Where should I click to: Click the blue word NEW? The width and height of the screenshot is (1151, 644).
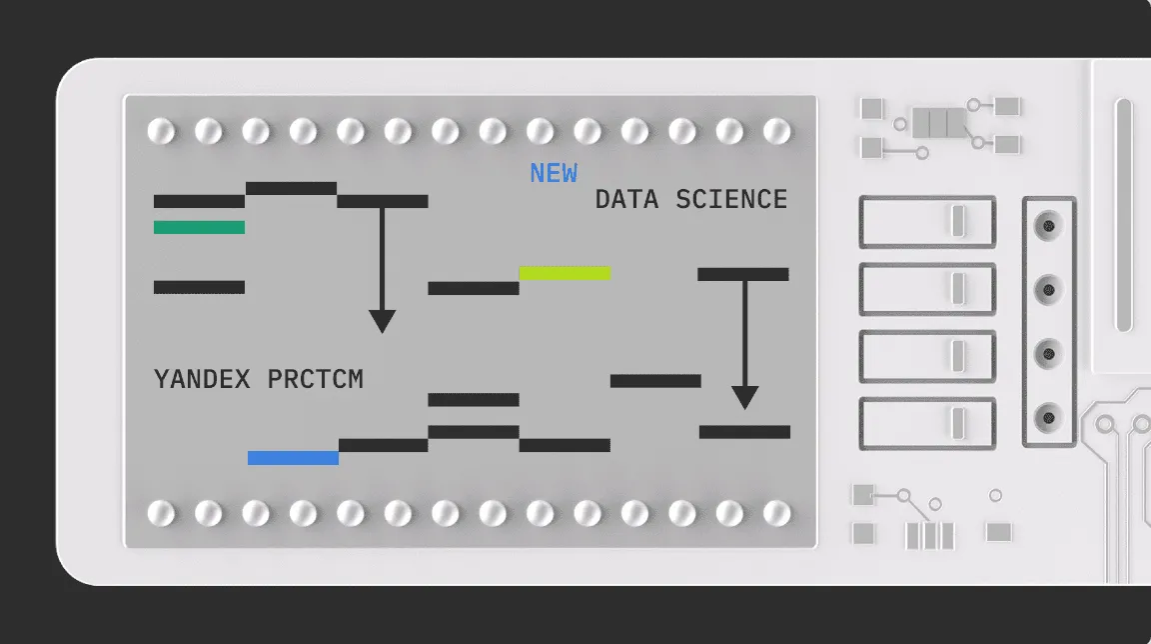click(x=554, y=173)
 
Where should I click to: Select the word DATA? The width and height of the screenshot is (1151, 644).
click(x=626, y=199)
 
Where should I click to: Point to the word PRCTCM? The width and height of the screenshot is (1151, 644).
click(x=315, y=379)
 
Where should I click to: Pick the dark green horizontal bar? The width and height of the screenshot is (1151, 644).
click(x=199, y=227)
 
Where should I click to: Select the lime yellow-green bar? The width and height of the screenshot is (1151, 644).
click(x=565, y=273)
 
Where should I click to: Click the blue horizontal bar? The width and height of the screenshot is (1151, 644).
click(x=293, y=458)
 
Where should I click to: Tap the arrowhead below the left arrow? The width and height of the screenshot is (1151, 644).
click(x=382, y=321)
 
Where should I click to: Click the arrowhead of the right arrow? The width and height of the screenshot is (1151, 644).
click(x=744, y=398)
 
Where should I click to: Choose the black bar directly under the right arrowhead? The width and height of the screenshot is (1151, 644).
click(x=744, y=432)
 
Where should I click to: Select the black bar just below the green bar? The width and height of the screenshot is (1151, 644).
click(x=199, y=287)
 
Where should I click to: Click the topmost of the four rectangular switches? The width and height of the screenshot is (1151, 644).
click(x=927, y=222)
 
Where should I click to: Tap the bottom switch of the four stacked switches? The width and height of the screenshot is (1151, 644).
click(x=927, y=424)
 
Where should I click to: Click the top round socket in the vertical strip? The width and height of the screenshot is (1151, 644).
click(x=1048, y=224)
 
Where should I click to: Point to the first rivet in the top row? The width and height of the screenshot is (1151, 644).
click(x=161, y=131)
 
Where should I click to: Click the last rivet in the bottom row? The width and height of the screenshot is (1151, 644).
click(x=776, y=513)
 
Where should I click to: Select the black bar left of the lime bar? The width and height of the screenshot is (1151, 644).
click(x=474, y=288)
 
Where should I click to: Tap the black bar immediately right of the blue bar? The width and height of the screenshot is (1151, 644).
click(x=383, y=445)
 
